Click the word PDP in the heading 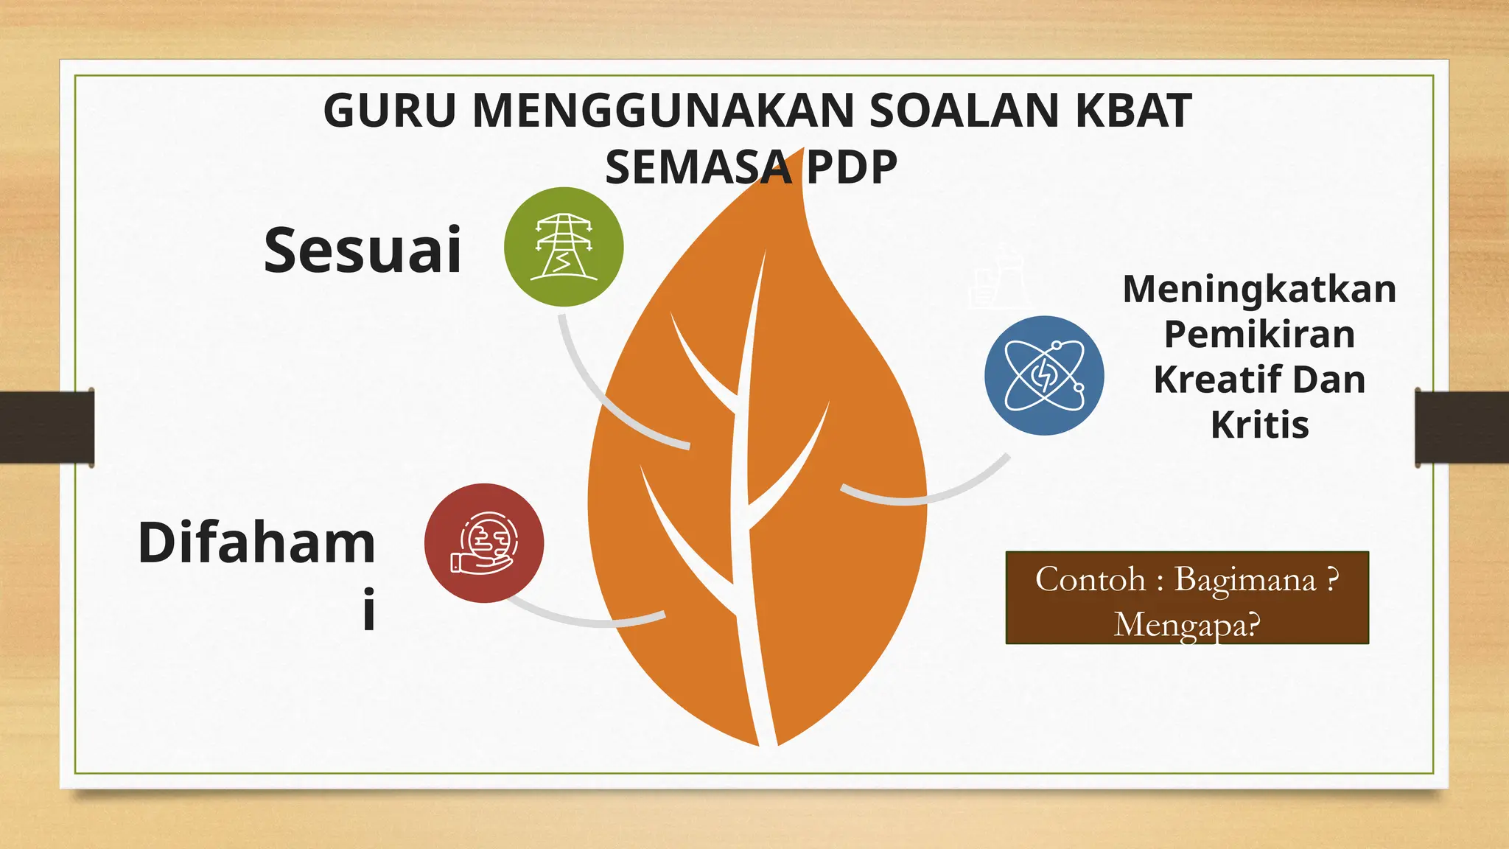[851, 167]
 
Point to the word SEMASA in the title [699, 167]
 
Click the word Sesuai [363, 251]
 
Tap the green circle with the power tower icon [564, 247]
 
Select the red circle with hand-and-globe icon [484, 543]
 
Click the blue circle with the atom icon [1044, 376]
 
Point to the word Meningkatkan [1259, 289]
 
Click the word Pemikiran [1259, 335]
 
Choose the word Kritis [1259, 425]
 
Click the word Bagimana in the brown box [1244, 579]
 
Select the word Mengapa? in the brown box [1187, 625]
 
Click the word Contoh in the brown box [1090, 579]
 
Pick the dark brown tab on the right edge [1462, 427]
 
